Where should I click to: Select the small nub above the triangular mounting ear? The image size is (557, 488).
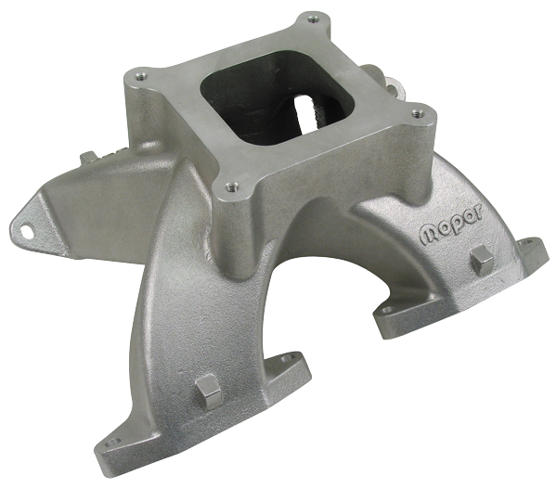[93, 158]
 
